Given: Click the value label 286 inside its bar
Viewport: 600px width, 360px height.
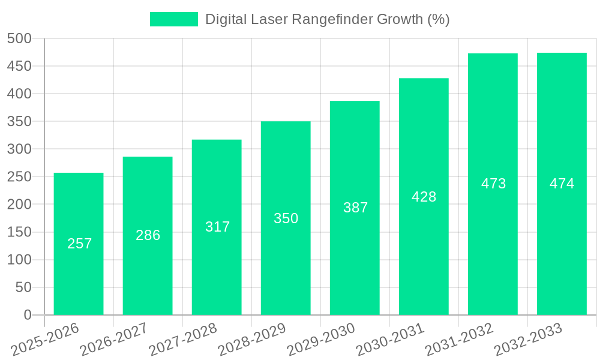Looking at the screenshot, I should [148, 235].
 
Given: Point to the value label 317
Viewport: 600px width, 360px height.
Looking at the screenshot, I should [217, 227].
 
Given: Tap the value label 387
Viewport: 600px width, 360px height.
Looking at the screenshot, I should [355, 208].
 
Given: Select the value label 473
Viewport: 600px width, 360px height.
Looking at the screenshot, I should [493, 184].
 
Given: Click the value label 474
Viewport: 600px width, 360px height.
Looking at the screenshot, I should [562, 184].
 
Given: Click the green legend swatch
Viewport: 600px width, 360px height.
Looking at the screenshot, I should [173, 19].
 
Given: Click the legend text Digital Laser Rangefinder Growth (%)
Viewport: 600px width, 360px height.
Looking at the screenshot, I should [327, 19].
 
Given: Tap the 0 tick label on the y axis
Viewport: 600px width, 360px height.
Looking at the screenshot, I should [27, 315].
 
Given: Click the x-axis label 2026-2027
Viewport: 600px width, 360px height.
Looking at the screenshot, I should [114, 339].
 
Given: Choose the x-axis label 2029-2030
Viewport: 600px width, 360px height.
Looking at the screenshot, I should [321, 339].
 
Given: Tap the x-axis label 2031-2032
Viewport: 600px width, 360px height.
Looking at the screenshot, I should [459, 339].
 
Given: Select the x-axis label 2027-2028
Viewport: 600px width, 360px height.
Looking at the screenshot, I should [183, 339].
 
